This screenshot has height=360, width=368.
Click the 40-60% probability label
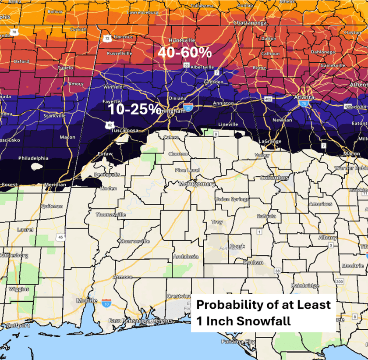tap(184, 52)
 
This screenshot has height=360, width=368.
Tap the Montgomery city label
tap(197, 185)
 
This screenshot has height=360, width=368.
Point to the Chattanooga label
tap(249, 23)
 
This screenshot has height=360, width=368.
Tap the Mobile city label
tap(86, 301)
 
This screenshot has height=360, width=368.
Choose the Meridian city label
tap(55, 185)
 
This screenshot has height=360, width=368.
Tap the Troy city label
tap(217, 222)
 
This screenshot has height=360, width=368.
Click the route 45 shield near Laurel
tap(61, 237)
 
